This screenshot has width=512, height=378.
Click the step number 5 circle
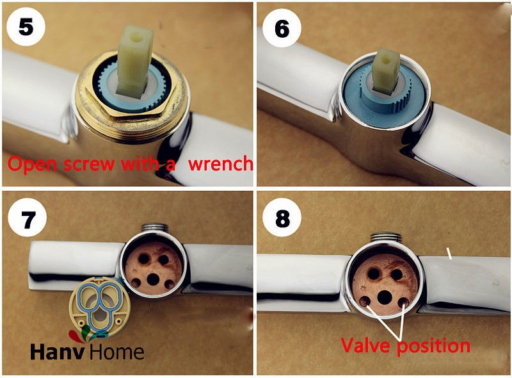tap(26, 26)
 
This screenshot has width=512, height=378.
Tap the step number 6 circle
tap(282, 28)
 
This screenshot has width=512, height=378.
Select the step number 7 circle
tap(28, 218)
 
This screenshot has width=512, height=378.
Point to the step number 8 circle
tap(282, 218)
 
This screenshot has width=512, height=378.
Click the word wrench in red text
tap(221, 163)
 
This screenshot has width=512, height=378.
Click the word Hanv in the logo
tap(58, 352)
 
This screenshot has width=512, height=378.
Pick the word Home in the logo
tap(116, 352)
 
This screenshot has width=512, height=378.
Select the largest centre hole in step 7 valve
tap(153, 279)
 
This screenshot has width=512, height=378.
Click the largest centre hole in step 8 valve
tap(385, 297)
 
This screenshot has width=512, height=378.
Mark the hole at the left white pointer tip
tap(365, 301)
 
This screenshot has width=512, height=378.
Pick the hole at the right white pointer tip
tap(404, 302)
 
